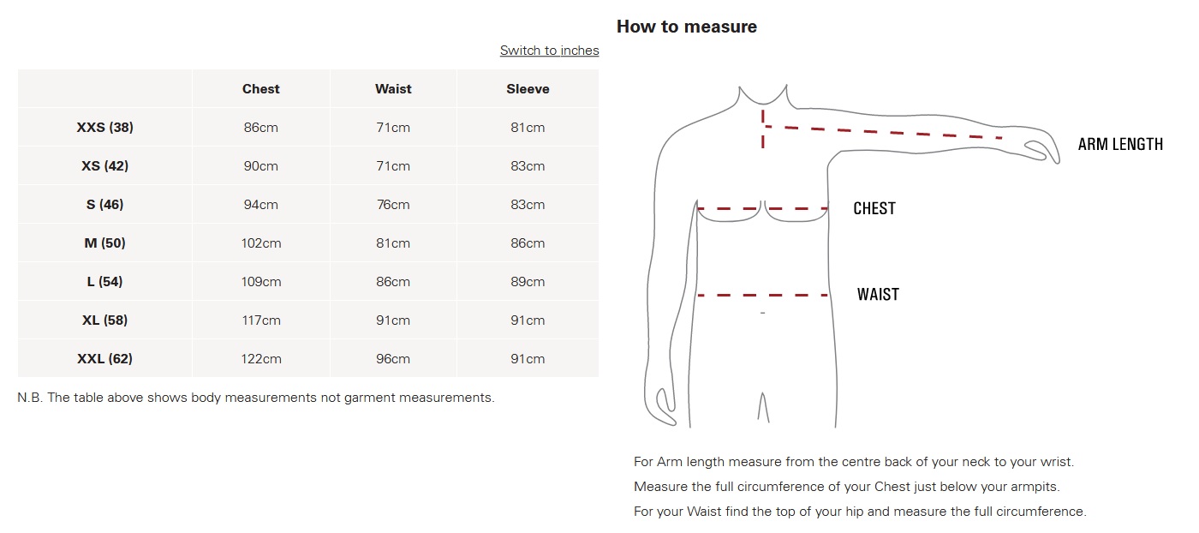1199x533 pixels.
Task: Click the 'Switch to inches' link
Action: tap(549, 51)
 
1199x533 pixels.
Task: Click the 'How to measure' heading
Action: tap(687, 27)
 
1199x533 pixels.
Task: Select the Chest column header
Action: tap(260, 89)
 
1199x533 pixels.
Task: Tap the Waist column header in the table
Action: tap(393, 89)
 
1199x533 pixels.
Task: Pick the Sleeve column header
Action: tap(528, 89)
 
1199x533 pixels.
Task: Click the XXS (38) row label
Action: tap(104, 128)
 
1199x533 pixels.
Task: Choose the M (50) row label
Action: tap(104, 243)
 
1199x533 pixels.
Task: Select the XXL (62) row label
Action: tap(104, 359)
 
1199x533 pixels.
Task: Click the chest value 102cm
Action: tap(260, 243)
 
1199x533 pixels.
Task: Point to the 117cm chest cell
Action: tap(260, 320)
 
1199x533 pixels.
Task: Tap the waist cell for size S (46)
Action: tap(393, 205)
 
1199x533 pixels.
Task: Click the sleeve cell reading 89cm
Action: tap(528, 282)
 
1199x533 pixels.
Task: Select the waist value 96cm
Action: tap(393, 359)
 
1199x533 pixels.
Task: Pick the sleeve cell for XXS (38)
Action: tap(528, 128)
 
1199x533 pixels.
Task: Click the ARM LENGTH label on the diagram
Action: tap(1120, 144)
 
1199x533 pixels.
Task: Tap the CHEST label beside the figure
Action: tap(874, 208)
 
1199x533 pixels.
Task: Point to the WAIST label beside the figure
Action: tap(878, 295)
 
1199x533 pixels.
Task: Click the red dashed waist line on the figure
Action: tap(763, 295)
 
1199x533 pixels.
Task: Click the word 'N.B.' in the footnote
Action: tap(29, 398)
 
